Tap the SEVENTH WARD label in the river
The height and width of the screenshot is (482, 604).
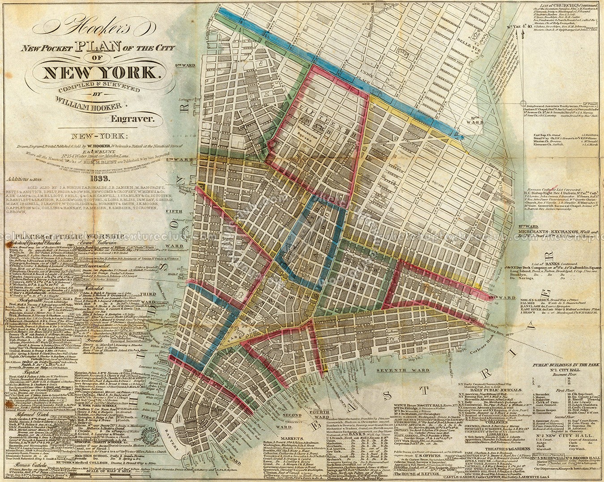point(396,370)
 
